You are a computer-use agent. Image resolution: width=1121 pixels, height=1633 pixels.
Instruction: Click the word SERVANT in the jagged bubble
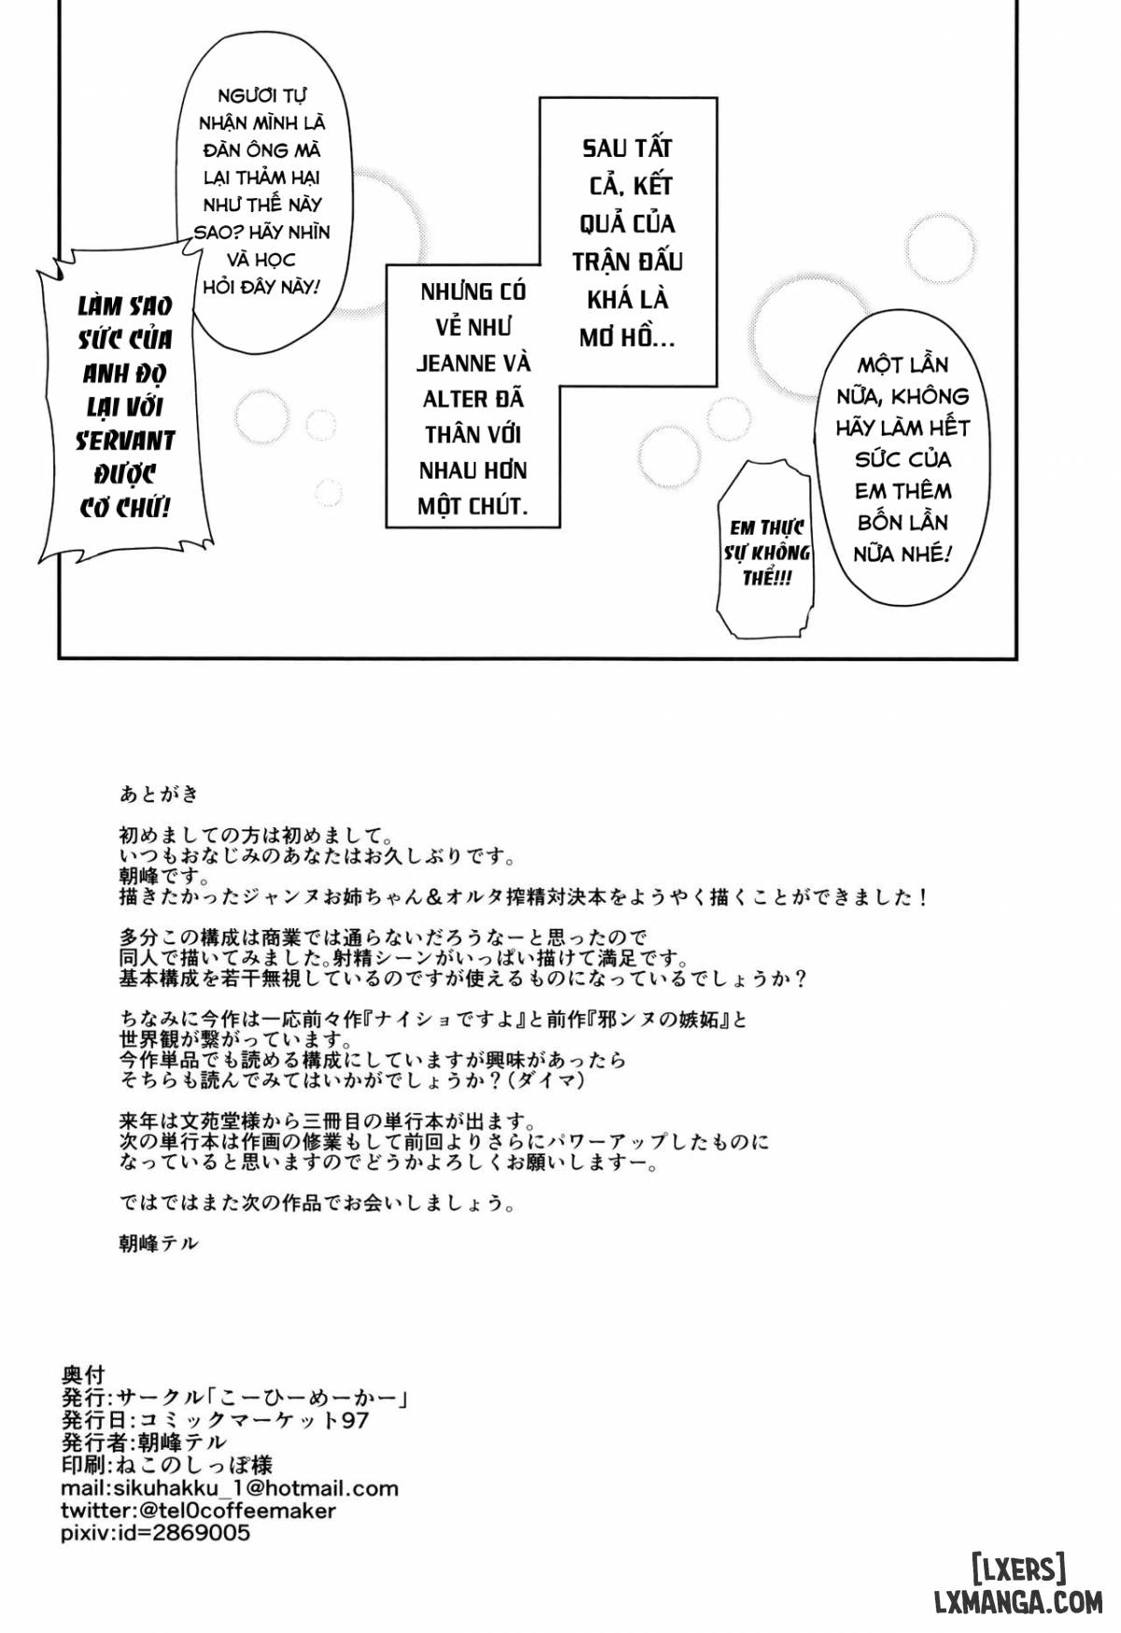(x=125, y=440)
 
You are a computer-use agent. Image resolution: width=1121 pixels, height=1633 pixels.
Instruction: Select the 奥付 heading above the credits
(x=83, y=1375)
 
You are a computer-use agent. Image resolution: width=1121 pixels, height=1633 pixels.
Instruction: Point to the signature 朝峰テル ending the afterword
(x=159, y=1243)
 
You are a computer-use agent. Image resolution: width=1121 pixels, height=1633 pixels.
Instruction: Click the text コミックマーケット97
(x=253, y=1420)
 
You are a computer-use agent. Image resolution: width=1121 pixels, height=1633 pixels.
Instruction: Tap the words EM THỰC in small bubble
(x=768, y=527)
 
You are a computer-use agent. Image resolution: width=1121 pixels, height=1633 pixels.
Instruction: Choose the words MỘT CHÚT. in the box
(x=473, y=507)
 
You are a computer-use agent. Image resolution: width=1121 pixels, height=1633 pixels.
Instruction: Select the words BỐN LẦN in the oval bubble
(x=902, y=522)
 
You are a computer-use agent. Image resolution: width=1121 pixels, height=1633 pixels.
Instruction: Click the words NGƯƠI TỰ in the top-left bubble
(x=262, y=95)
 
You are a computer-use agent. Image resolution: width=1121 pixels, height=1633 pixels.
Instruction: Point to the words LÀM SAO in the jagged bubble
(x=125, y=306)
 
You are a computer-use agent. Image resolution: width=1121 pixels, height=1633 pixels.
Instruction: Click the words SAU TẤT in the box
(x=628, y=148)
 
